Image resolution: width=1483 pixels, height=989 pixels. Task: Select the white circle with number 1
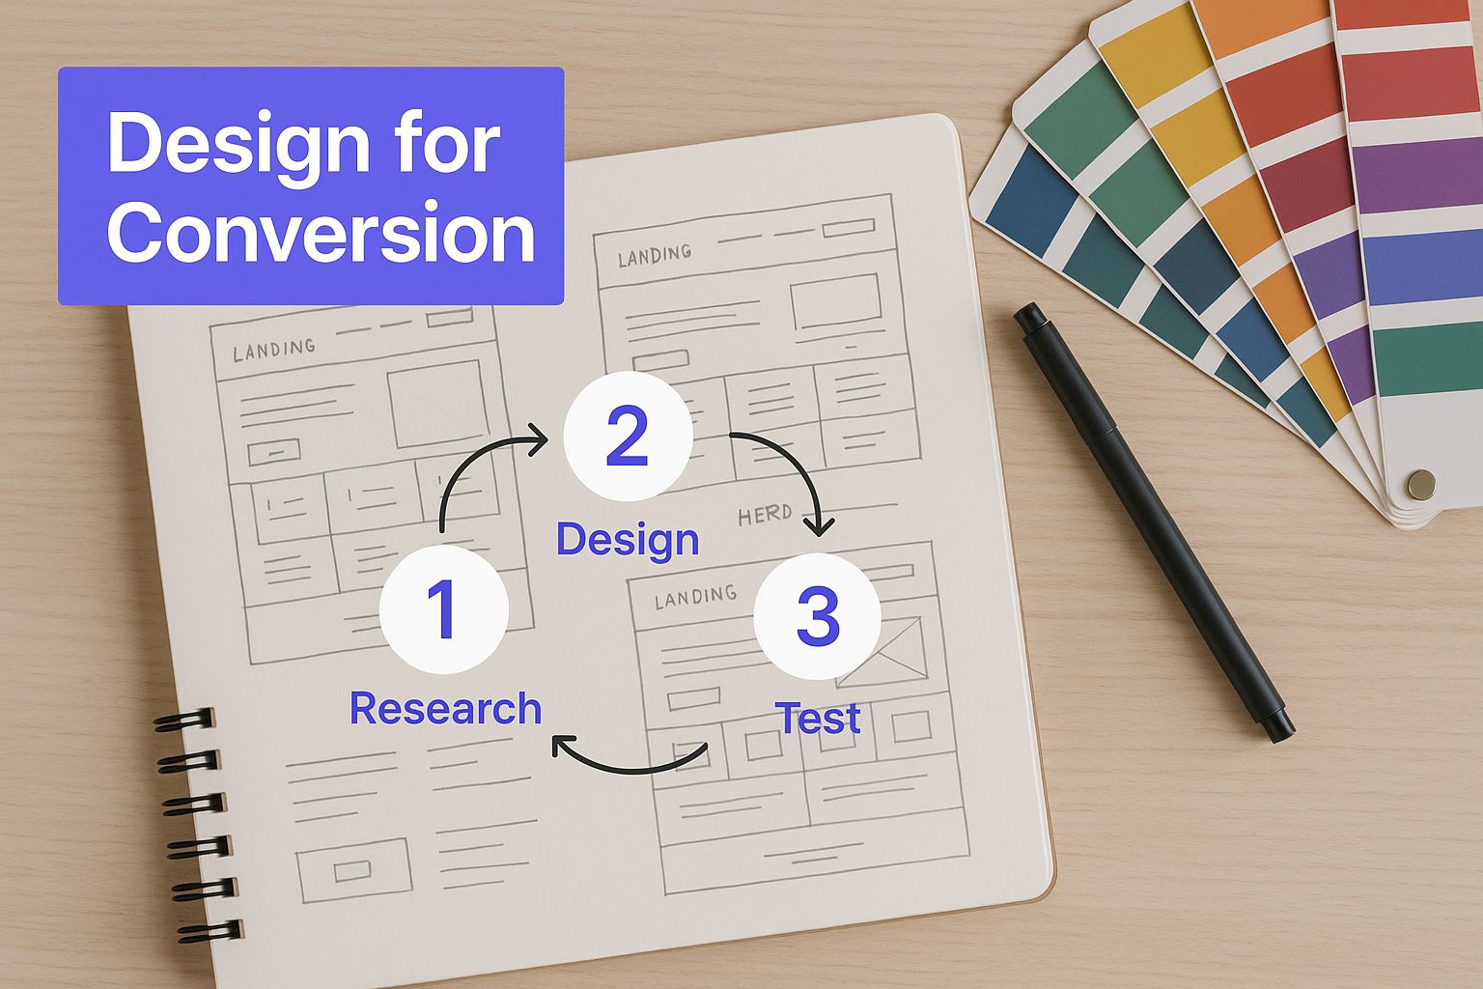[x=444, y=609]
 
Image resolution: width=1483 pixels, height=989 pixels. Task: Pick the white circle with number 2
[x=628, y=436]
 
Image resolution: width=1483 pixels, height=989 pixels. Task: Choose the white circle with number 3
[x=818, y=616]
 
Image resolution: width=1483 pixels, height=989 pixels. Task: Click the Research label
[x=445, y=708]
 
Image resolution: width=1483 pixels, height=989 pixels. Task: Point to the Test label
[x=819, y=718]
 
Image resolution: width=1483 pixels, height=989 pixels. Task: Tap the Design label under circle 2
[x=628, y=539]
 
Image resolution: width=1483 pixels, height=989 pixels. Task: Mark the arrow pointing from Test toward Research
[x=629, y=771]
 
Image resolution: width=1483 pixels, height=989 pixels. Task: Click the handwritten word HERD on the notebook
[x=765, y=514]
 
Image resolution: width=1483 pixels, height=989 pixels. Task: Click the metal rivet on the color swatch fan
[x=1421, y=484]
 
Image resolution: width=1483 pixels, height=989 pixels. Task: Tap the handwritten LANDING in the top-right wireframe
[x=654, y=255]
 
